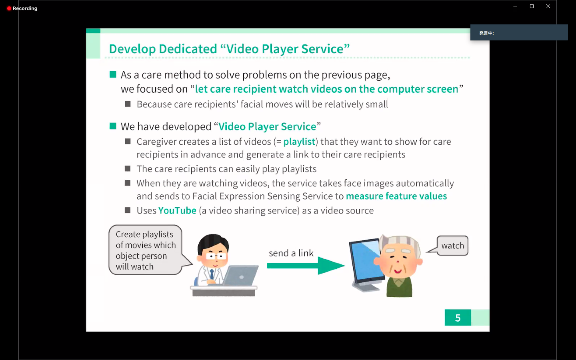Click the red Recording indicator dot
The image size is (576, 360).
(9, 8)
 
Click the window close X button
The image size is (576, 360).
(548, 6)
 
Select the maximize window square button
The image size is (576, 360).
(532, 6)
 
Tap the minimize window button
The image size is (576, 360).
(515, 6)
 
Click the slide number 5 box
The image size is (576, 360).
(458, 318)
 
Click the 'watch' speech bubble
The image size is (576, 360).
(452, 246)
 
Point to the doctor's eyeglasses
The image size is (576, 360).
(216, 256)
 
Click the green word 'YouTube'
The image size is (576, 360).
(177, 210)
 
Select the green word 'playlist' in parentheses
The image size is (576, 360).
(299, 142)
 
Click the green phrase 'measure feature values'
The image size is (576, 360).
(396, 196)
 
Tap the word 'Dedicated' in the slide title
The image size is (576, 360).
(188, 49)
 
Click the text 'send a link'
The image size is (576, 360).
(291, 253)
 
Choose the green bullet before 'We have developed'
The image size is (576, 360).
(113, 126)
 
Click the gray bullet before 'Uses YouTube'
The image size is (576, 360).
(128, 210)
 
